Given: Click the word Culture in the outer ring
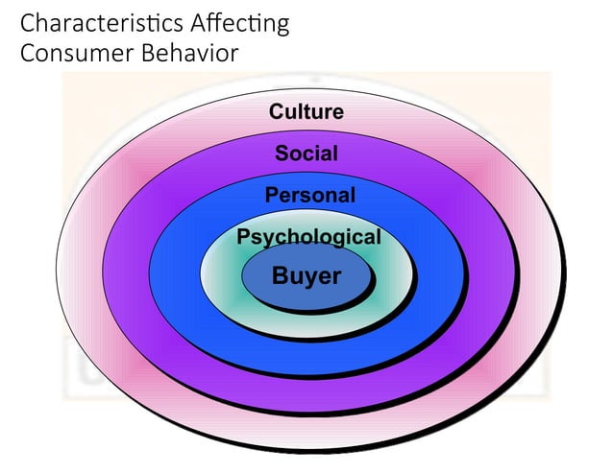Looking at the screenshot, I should (306, 111).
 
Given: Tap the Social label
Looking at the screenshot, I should (306, 153).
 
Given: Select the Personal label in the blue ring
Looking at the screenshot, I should (309, 196).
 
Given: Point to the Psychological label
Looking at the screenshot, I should (308, 237).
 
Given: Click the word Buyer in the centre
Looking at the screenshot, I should (306, 276).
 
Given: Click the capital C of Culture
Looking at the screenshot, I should (277, 111).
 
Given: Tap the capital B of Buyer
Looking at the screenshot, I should (281, 276).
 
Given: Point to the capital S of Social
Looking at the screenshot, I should (282, 153).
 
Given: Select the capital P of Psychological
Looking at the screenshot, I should (243, 237).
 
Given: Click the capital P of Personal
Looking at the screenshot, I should (272, 196).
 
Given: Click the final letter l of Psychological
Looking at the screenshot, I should (378, 237).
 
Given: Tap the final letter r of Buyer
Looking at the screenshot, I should (336, 277).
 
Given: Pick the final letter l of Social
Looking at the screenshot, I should (335, 153).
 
